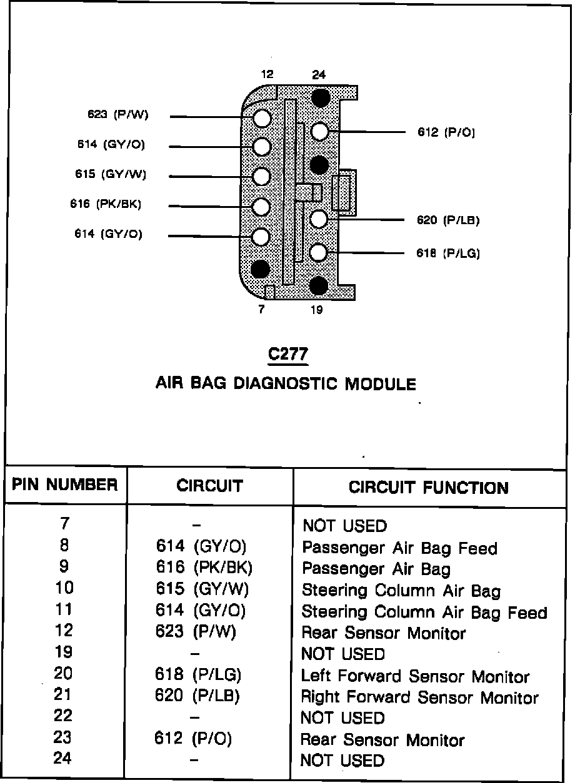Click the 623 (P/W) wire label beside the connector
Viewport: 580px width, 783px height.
coord(118,114)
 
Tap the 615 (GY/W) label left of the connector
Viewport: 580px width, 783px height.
coord(111,174)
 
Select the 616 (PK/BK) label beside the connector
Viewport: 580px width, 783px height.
coord(106,204)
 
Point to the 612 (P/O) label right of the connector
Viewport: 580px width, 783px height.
coord(446,132)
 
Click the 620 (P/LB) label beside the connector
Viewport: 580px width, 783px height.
coord(448,220)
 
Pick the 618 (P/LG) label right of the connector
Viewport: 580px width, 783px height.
coord(448,253)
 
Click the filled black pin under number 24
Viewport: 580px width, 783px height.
coord(320,97)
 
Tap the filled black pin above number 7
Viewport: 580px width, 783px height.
coord(261,268)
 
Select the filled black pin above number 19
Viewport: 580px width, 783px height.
coord(318,285)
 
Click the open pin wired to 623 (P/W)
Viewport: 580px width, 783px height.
coord(262,117)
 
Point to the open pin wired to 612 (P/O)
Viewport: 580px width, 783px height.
coord(319,132)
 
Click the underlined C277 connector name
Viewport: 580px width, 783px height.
coord(287,355)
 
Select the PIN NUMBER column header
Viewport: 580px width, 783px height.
coord(65,485)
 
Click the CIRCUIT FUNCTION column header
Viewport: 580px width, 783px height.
coord(428,488)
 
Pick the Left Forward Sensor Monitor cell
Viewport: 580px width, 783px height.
coord(415,676)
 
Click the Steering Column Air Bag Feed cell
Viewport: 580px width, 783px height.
coord(424,613)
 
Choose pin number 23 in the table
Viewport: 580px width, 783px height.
coord(62,737)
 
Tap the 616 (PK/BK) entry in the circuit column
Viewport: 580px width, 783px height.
coord(204,568)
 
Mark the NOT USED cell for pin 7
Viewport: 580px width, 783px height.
coord(344,526)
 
